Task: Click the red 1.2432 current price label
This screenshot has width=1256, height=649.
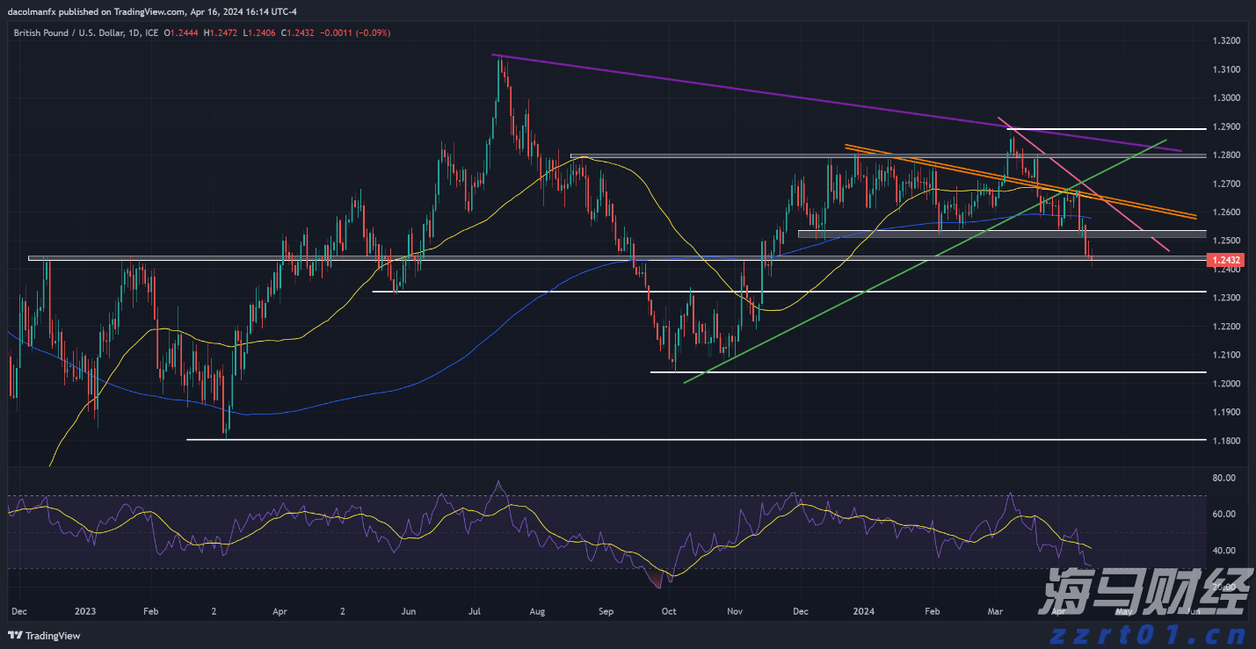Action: point(1225,260)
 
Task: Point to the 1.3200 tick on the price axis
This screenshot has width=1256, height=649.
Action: point(1225,41)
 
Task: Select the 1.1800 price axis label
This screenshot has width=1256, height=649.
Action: point(1225,440)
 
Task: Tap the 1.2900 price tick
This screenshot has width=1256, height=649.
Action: point(1225,126)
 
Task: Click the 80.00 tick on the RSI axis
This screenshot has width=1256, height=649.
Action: point(1223,478)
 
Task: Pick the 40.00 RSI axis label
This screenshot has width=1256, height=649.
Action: point(1223,551)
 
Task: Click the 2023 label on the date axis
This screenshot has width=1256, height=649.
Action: point(85,610)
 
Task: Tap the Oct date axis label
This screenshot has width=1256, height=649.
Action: point(669,610)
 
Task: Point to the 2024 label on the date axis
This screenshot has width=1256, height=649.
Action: point(864,610)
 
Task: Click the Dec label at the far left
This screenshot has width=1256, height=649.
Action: point(19,610)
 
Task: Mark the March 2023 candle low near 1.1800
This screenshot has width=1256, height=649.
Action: point(226,436)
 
